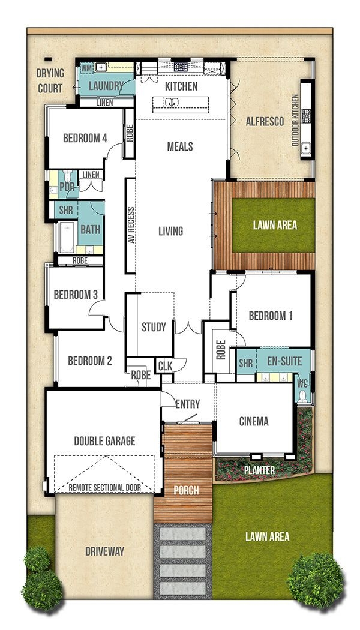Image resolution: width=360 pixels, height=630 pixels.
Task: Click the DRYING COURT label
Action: click(49, 81)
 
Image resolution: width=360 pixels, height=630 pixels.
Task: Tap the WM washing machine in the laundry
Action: click(86, 68)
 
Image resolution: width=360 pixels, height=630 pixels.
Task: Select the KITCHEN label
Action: click(181, 86)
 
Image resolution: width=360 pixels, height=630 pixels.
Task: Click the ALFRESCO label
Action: click(265, 121)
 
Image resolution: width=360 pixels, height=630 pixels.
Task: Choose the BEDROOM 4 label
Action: click(85, 138)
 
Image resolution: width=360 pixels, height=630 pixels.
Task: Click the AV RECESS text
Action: click(129, 225)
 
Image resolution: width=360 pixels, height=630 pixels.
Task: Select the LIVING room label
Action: click(170, 231)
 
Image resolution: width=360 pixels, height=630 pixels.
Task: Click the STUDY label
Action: click(154, 327)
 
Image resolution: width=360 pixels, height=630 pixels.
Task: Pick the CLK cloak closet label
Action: click(164, 366)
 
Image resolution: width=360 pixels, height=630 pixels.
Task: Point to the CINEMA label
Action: click(254, 421)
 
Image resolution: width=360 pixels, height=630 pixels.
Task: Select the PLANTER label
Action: click(260, 470)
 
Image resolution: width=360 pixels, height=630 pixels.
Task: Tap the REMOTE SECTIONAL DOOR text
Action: click(105, 487)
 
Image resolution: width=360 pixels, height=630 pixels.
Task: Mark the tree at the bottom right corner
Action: click(316, 580)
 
